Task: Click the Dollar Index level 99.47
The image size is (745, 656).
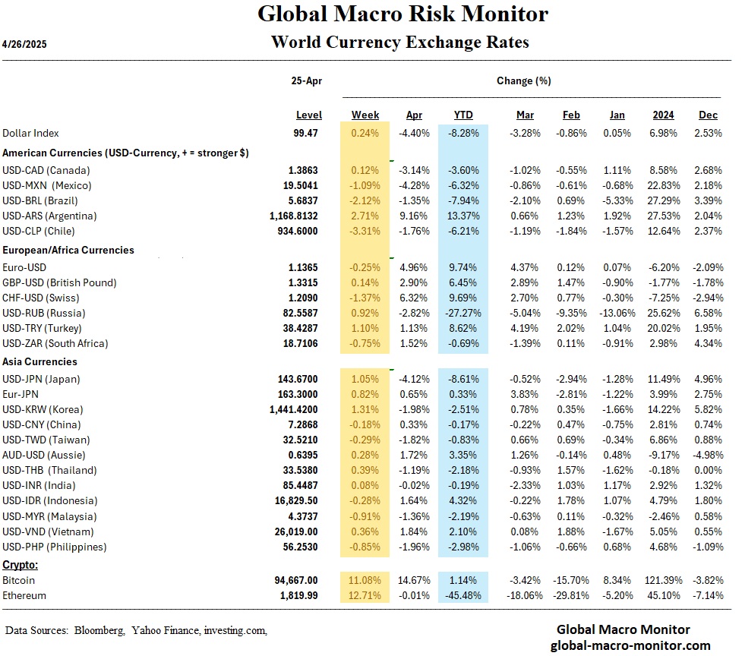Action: point(306,133)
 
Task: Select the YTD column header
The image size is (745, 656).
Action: point(463,115)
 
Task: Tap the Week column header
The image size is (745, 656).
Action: point(365,115)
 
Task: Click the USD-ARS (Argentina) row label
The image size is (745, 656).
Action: point(49,216)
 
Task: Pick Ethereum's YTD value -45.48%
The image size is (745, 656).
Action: point(463,595)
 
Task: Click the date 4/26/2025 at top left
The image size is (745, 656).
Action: point(25,45)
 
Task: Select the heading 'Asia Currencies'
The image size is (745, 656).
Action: point(39,361)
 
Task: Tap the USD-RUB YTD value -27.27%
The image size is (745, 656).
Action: point(462,313)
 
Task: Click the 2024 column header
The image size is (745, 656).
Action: point(664,115)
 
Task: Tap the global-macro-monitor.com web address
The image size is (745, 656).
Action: point(630,645)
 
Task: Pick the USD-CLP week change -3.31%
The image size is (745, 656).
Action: point(365,231)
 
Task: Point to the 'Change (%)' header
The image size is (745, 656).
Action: point(523,80)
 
